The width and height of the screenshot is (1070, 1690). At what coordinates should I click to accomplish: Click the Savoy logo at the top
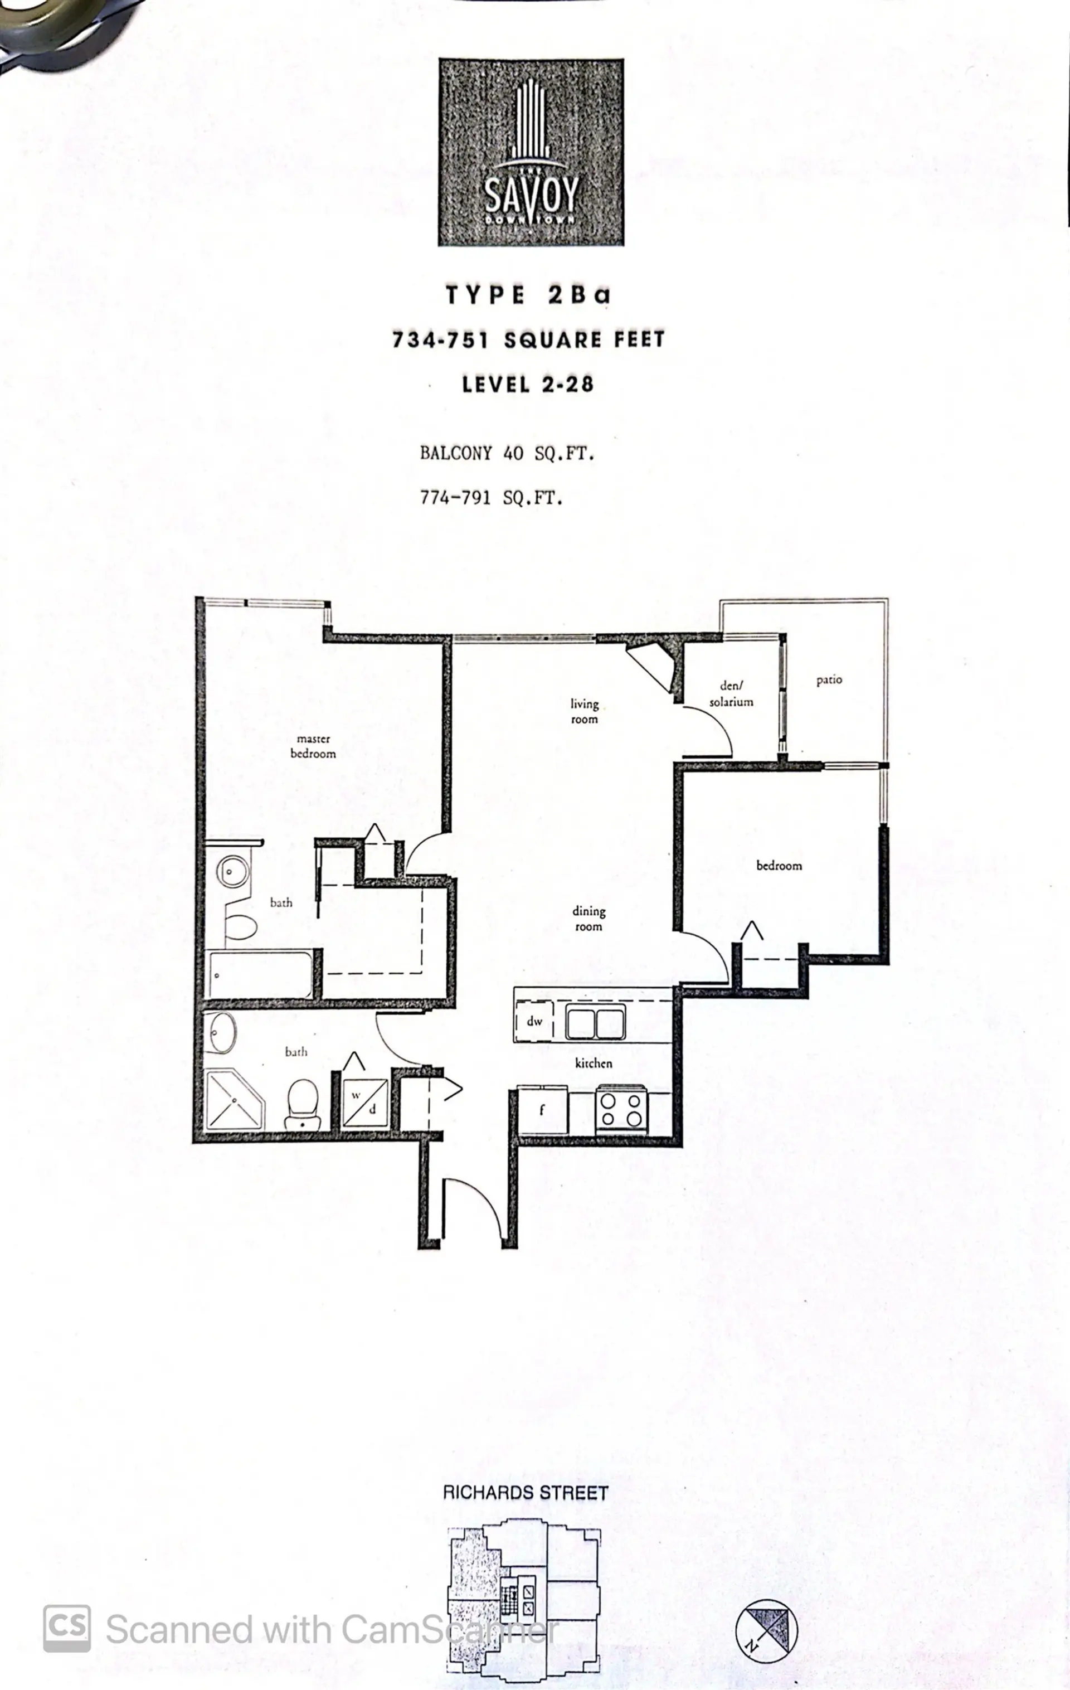click(531, 152)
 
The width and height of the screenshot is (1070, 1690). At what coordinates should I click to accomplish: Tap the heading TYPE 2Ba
click(528, 295)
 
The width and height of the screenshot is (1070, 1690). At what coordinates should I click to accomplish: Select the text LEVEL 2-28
click(528, 384)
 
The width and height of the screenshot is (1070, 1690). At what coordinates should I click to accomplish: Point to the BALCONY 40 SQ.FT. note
click(507, 453)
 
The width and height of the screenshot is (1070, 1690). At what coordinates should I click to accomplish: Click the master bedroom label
click(313, 746)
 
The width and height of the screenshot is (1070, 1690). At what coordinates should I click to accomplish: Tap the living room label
click(584, 711)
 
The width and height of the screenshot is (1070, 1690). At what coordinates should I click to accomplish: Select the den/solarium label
click(731, 693)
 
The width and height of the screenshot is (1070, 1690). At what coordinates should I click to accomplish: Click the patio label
click(829, 679)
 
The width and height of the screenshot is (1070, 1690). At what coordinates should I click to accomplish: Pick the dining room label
click(588, 918)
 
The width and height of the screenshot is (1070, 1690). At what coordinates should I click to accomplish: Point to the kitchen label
click(594, 1063)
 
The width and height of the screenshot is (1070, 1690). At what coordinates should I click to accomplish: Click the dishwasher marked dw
click(534, 1021)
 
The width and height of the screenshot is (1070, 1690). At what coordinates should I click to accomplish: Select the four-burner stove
click(621, 1110)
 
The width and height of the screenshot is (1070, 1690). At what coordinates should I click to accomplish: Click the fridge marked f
click(542, 1110)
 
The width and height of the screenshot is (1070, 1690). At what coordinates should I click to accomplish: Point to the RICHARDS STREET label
click(526, 1492)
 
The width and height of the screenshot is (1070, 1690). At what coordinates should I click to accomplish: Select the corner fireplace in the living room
click(653, 663)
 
